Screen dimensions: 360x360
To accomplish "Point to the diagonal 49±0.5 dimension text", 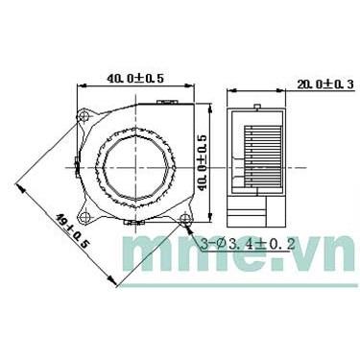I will [x=72, y=232].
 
